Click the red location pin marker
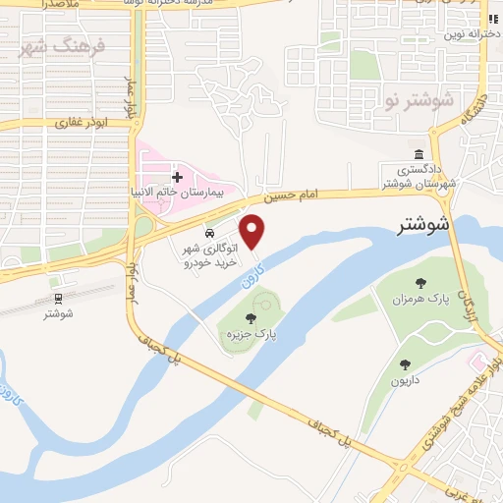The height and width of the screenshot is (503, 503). click(253, 231)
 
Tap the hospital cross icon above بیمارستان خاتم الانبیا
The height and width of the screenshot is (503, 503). click(177, 178)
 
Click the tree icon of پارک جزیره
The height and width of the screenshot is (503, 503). click(251, 317)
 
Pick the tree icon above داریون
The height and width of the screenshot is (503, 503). click(402, 363)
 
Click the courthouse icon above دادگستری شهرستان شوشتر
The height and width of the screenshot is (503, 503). click(419, 154)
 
